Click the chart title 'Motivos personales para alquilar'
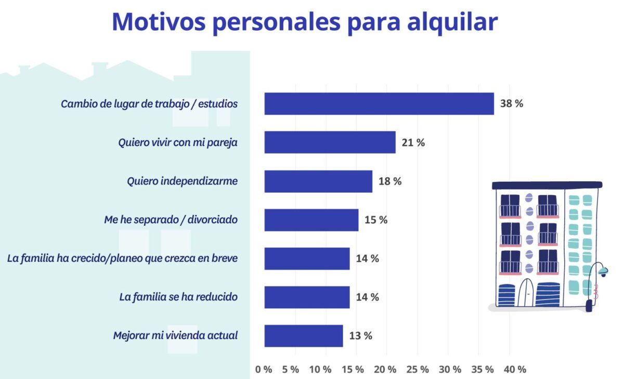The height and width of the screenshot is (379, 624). tap(305, 22)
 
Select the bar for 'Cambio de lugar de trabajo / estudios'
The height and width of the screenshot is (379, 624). tap(379, 104)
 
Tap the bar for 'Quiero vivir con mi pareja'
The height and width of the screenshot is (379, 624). tap(330, 142)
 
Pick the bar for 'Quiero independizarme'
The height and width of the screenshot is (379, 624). tap(318, 181)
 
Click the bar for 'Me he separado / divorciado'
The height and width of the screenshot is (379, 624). tap(311, 220)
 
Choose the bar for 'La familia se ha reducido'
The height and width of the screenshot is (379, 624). tap(307, 297)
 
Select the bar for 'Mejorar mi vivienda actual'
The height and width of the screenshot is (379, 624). tap(304, 336)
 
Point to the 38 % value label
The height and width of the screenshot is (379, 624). tap(512, 103)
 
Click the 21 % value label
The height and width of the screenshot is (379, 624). tap(413, 142)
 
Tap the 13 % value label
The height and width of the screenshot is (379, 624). tap(361, 336)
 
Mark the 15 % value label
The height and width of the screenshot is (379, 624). tap(376, 220)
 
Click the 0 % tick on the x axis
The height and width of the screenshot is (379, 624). tap(264, 369)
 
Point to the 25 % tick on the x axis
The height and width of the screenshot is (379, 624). tap(418, 369)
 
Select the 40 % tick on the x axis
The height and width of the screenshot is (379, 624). tap(515, 369)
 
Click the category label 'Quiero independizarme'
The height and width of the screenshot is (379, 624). tap(183, 181)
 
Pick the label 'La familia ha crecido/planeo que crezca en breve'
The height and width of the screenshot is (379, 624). tap(122, 259)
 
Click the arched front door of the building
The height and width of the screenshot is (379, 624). tap(526, 293)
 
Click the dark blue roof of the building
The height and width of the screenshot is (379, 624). tap(547, 185)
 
